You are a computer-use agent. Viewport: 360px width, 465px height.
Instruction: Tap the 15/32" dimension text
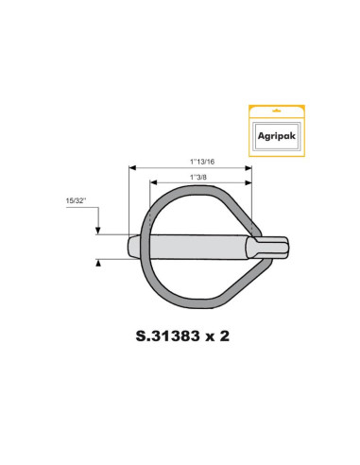pyautogui.click(x=77, y=201)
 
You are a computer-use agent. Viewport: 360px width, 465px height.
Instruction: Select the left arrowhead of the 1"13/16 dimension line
pyautogui.click(x=132, y=167)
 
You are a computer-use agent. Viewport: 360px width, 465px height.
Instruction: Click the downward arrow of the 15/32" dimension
pyautogui.click(x=98, y=230)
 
